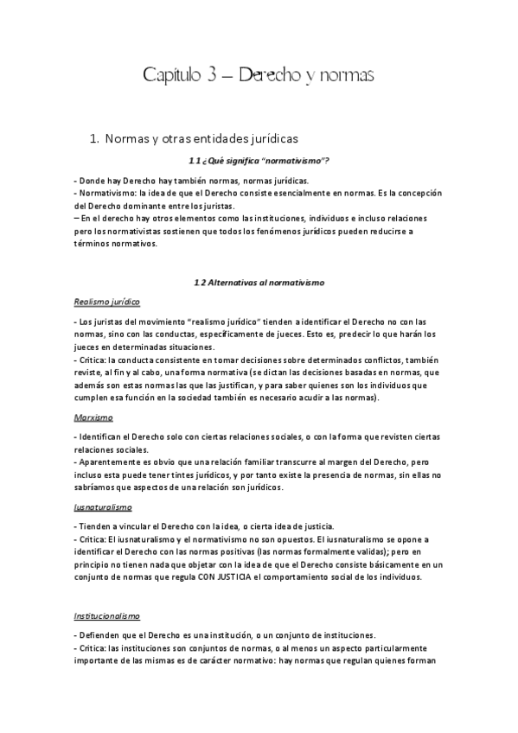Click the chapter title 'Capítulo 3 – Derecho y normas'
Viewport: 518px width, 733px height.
pyautogui.click(x=259, y=76)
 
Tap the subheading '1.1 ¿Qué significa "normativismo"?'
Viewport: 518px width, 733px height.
pyautogui.click(x=259, y=161)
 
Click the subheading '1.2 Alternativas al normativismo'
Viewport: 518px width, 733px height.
pyautogui.click(x=259, y=282)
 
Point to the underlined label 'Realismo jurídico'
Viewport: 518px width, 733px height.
pyautogui.click(x=107, y=302)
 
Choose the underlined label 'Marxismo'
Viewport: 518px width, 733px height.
pyautogui.click(x=93, y=417)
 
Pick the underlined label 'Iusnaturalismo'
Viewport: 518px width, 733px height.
pyautogui.click(x=103, y=507)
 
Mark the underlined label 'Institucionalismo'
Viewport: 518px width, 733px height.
pyautogui.click(x=107, y=615)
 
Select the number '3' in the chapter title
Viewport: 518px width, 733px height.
pyautogui.click(x=213, y=76)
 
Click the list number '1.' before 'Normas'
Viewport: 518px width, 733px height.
pyautogui.click(x=95, y=137)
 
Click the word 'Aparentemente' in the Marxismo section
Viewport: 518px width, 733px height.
pyautogui.click(x=112, y=462)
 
